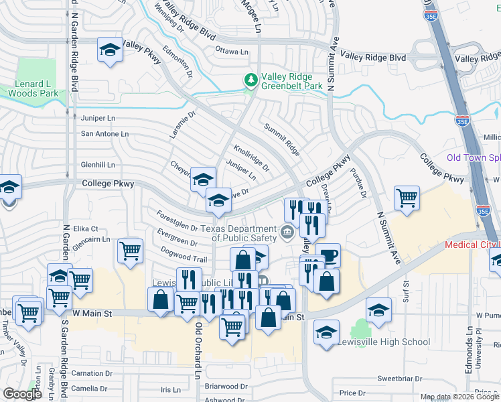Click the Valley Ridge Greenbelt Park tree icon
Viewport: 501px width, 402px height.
tap(251, 80)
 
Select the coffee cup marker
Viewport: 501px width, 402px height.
tap(328, 255)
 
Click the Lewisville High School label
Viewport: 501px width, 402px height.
tap(394, 342)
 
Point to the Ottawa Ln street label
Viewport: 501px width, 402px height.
tap(232, 51)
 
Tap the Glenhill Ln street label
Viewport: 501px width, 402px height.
tap(98, 164)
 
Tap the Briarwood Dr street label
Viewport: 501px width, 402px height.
tap(226, 387)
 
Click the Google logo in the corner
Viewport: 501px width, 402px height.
tap(22, 394)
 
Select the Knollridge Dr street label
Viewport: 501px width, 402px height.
tap(251, 157)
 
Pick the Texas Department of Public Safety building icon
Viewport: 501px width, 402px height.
tap(287, 232)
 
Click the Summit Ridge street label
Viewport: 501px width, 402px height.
tap(281, 139)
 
